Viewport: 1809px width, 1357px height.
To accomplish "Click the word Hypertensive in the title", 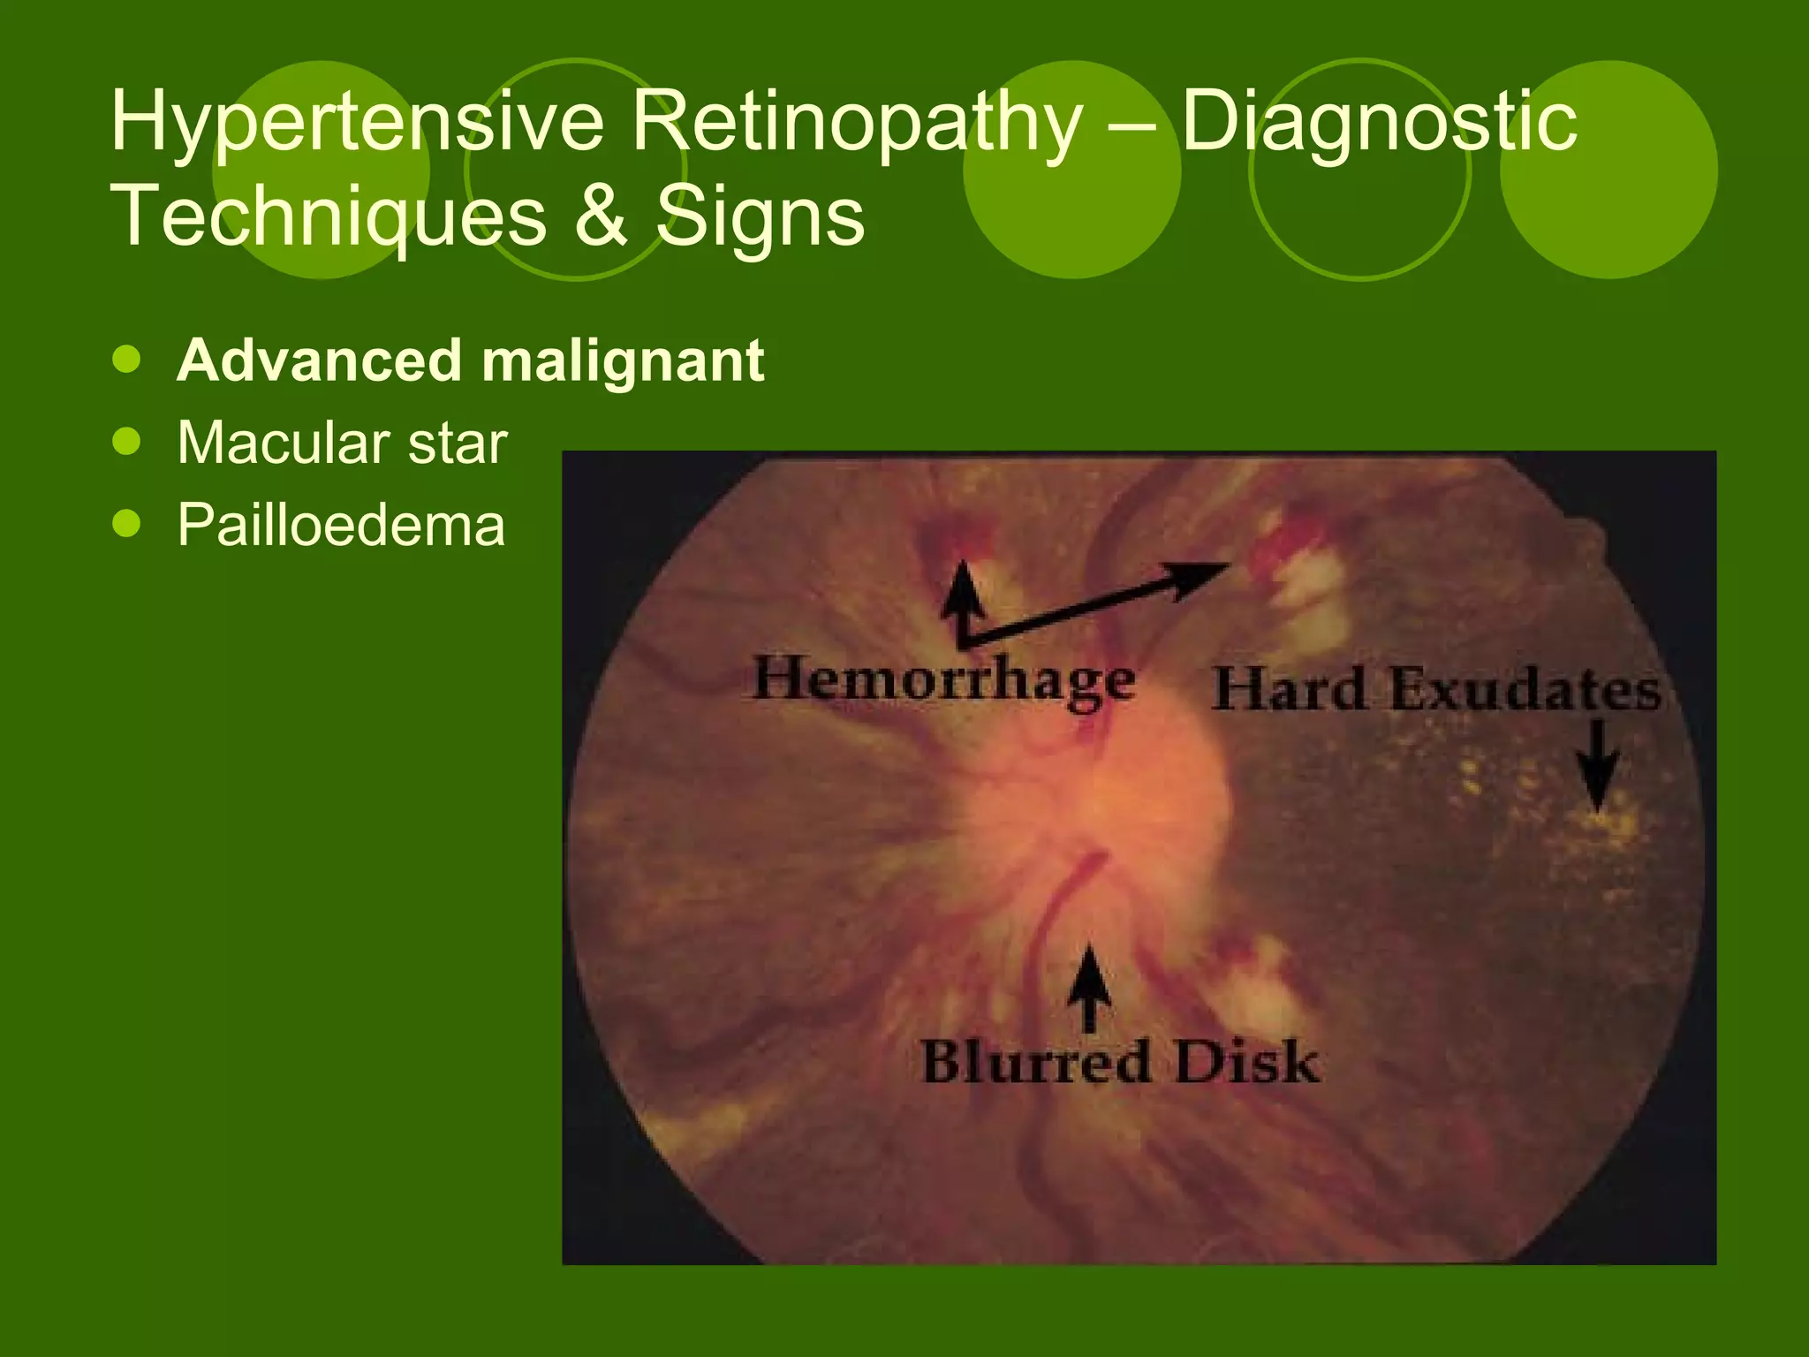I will (x=357, y=124).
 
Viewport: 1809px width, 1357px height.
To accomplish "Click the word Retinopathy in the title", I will (x=855, y=124).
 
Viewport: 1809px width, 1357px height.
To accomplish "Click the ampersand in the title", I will (x=600, y=217).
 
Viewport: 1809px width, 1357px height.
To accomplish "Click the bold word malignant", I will (x=623, y=360).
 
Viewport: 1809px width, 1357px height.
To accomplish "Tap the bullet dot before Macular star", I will (x=127, y=441).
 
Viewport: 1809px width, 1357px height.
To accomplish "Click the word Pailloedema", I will (x=341, y=525).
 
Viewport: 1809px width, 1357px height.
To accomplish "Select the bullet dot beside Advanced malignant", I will (x=127, y=359).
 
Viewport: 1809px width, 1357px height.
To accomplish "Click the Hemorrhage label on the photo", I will (x=943, y=680).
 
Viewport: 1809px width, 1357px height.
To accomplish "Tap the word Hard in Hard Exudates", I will (x=1289, y=689).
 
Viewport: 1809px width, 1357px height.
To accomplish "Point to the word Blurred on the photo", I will (x=1035, y=1062).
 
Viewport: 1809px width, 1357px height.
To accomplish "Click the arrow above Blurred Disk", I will (x=1089, y=985).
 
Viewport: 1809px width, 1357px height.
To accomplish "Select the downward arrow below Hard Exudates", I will (x=1597, y=764).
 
